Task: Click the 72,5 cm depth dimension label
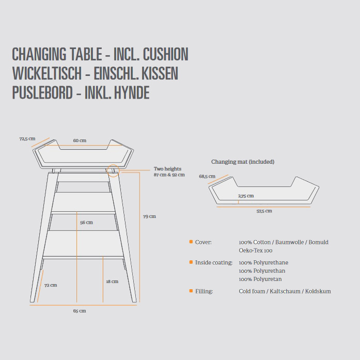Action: click(27, 138)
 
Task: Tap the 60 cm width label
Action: click(80, 140)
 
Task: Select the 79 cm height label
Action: click(149, 216)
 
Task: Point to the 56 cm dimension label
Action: click(86, 222)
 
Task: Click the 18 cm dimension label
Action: click(112, 281)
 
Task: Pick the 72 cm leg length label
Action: click(51, 285)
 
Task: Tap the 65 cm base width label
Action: click(80, 310)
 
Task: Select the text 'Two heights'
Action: click(167, 169)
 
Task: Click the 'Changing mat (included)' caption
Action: click(243, 162)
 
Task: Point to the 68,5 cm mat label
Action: click(207, 176)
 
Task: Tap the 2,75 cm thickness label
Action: click(246, 196)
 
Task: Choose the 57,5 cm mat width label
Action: click(264, 211)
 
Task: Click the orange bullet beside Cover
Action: click(191, 242)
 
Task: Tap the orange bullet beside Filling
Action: click(191, 291)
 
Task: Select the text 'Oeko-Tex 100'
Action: click(256, 251)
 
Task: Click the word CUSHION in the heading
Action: click(165, 54)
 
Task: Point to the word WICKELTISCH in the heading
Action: click(47, 73)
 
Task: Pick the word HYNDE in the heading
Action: click(132, 92)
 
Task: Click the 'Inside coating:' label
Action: click(214, 262)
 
